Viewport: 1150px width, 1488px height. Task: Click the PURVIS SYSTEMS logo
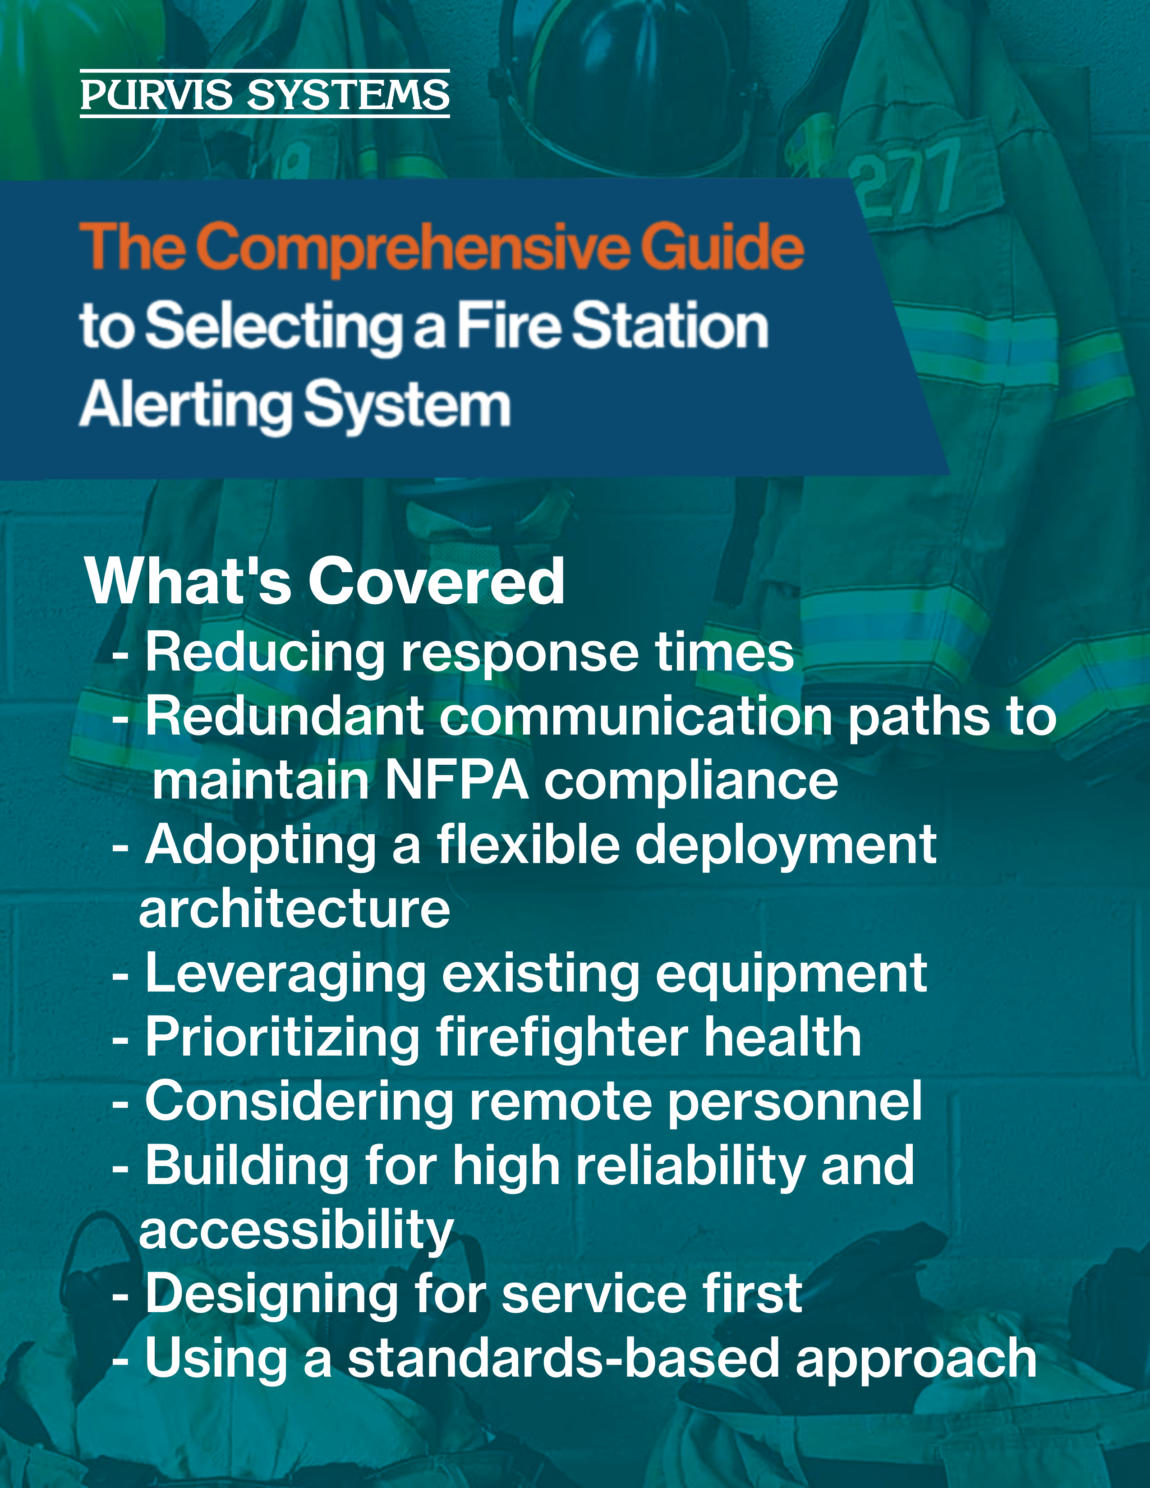click(x=265, y=94)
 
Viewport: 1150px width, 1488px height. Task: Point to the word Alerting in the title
click(x=186, y=406)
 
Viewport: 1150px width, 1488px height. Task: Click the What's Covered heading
click(x=324, y=581)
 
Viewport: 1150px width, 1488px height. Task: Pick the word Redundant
click(x=285, y=717)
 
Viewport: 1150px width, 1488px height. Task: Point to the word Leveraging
click(x=286, y=975)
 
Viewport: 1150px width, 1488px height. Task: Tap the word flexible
click(x=528, y=845)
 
